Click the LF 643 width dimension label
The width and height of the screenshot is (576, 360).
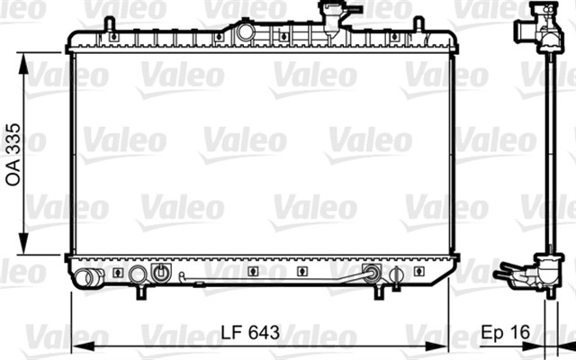(x=249, y=333)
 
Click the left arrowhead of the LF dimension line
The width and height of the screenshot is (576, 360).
(x=76, y=346)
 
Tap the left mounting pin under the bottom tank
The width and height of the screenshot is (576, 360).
(x=141, y=293)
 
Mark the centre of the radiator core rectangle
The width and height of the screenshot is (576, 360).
(x=261, y=153)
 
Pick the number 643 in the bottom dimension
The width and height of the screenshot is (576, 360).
(x=264, y=333)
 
